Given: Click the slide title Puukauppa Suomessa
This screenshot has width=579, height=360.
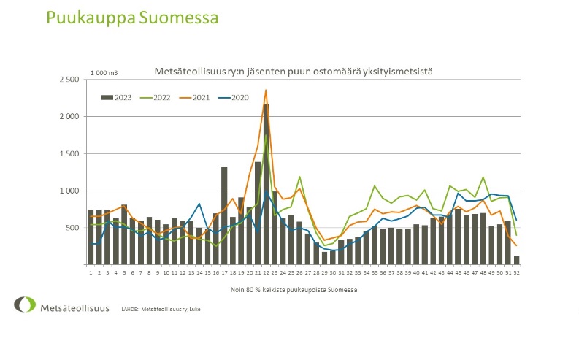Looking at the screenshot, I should pyautogui.click(x=131, y=18).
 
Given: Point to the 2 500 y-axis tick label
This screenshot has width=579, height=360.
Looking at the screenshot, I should pyautogui.click(x=70, y=80).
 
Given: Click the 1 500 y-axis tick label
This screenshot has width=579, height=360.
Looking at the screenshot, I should pyautogui.click(x=70, y=154).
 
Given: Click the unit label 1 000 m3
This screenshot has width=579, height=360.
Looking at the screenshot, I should pyautogui.click(x=105, y=72).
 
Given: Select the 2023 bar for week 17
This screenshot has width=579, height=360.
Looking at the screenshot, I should pyautogui.click(x=224, y=215).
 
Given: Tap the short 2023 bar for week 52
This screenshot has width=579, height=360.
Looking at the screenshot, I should pyautogui.click(x=517, y=260).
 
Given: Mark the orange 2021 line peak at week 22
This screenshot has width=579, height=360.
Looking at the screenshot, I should pyautogui.click(x=266, y=91).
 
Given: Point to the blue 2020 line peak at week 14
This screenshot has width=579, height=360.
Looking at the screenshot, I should pyautogui.click(x=199, y=204).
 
